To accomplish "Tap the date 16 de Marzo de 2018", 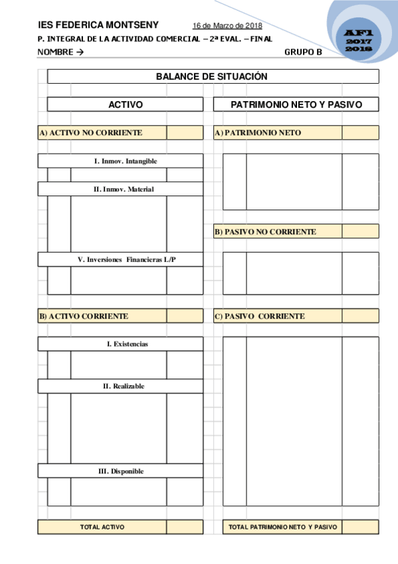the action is [x=227, y=26].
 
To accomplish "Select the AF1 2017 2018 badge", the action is [x=359, y=41].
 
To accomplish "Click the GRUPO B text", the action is [x=303, y=52].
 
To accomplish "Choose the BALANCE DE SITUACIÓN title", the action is [x=212, y=76].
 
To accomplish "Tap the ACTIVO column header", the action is [x=126, y=104].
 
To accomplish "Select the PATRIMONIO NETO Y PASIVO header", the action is [x=296, y=104].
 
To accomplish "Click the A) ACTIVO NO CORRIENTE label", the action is [x=90, y=133].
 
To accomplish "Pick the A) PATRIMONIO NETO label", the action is [x=258, y=133].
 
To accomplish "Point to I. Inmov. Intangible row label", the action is [x=126, y=161].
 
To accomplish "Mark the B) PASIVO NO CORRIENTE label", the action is [x=265, y=232].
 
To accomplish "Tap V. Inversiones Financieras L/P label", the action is [x=126, y=259].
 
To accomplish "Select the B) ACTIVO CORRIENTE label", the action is [x=84, y=316].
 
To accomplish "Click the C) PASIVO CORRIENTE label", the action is [x=260, y=316].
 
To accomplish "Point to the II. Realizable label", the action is [x=124, y=386].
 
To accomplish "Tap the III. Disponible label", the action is [x=121, y=471].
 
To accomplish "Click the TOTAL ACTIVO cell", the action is [x=102, y=527].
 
